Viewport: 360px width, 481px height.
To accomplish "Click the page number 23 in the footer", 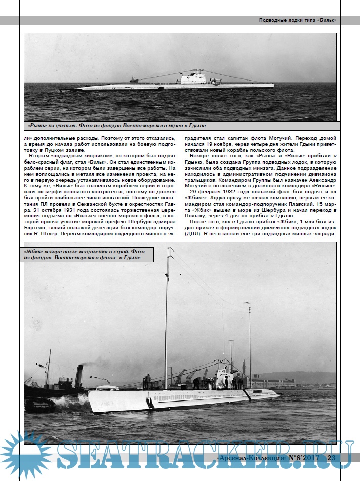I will (x=332, y=458).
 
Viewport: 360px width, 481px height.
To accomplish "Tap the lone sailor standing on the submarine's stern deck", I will (x=147, y=381).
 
